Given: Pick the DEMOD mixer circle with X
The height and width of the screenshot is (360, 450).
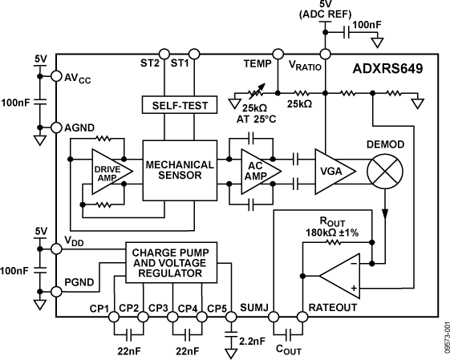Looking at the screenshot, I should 384,171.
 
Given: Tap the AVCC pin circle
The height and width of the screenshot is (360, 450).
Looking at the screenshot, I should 56,77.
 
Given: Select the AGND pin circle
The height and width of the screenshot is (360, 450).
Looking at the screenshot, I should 56,127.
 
